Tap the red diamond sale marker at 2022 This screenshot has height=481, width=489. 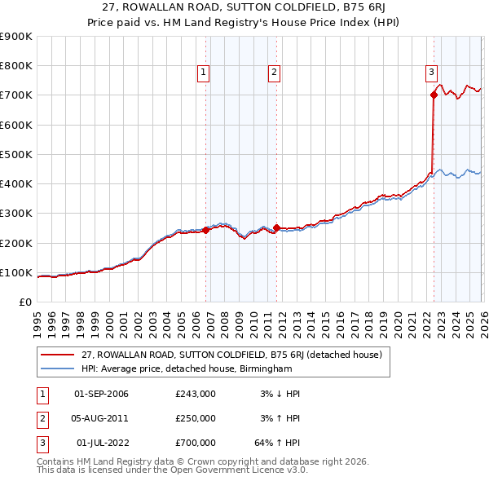point(434,95)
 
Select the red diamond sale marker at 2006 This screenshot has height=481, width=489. point(205,230)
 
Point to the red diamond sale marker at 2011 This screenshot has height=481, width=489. point(276,228)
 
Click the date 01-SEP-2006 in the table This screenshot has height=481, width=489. point(101,394)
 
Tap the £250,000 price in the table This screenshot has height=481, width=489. point(196,418)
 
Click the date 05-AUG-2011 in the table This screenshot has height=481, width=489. point(101,418)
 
